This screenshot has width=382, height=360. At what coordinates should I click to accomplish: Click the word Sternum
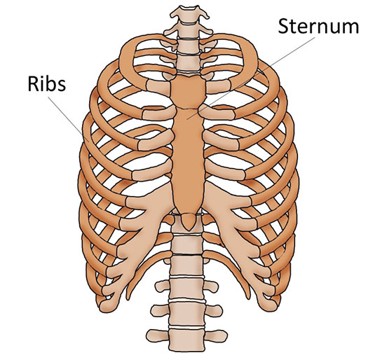click(x=318, y=27)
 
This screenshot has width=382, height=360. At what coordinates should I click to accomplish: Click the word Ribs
click(x=47, y=83)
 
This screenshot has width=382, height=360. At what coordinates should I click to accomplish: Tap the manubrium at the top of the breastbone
click(x=188, y=91)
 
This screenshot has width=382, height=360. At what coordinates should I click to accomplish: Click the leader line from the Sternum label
click(x=251, y=78)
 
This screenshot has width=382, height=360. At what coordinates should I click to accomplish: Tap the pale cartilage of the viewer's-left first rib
click(x=158, y=87)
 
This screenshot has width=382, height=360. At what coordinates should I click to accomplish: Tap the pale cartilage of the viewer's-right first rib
click(x=218, y=87)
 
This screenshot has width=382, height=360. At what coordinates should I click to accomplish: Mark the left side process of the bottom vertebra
click(x=158, y=336)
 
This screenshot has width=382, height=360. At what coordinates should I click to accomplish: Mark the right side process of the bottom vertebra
click(x=216, y=336)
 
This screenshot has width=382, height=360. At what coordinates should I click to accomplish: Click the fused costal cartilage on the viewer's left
click(x=137, y=234)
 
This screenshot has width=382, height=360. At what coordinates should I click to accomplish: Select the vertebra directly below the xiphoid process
click(x=187, y=244)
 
